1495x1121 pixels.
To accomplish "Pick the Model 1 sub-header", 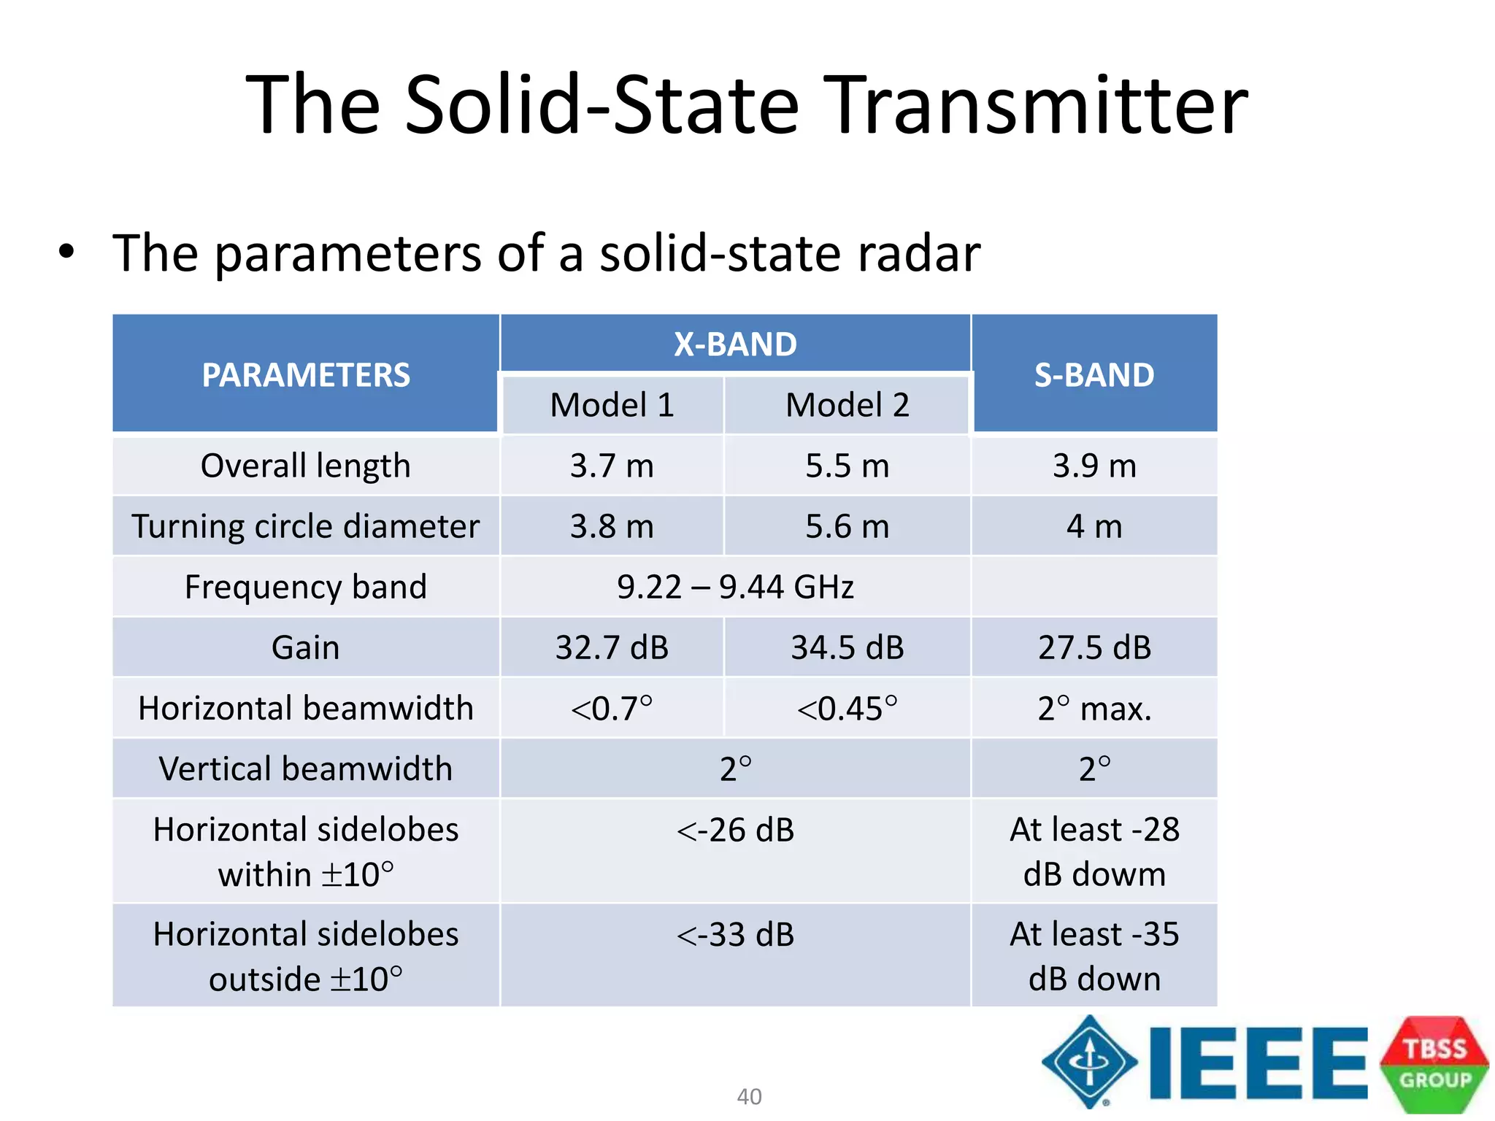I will tap(612, 405).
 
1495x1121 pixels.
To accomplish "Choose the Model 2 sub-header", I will tap(847, 405).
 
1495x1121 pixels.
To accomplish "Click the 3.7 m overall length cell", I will tap(612, 466).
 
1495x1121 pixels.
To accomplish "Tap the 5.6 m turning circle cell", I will tap(847, 526).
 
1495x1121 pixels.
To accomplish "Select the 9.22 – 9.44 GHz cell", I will tap(735, 587).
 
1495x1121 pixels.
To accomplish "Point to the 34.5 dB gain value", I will tap(847, 647).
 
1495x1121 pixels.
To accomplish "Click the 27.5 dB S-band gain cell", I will tap(1094, 647).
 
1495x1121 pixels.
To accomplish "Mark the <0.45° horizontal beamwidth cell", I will tap(847, 708).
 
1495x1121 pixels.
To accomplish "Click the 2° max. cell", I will tap(1094, 708).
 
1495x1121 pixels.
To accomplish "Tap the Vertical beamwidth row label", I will tap(305, 768).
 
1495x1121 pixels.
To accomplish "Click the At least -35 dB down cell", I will tap(1094, 955).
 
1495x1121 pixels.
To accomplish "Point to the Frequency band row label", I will tap(305, 587).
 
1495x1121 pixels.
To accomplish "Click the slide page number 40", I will tap(749, 1096).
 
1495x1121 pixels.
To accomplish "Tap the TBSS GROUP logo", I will tap(1434, 1064).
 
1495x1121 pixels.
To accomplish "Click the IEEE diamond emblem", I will tap(1089, 1062).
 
